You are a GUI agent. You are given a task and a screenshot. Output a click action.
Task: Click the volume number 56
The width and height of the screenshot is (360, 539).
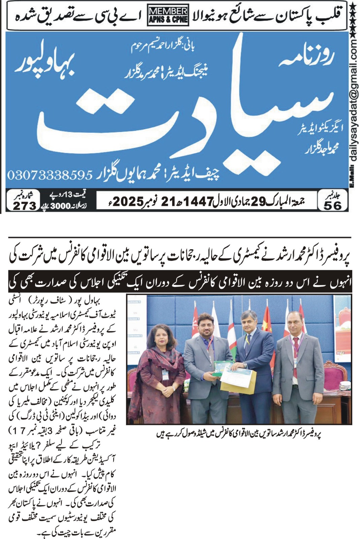point(332,205)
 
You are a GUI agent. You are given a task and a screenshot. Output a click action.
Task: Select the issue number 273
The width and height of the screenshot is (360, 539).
point(24,205)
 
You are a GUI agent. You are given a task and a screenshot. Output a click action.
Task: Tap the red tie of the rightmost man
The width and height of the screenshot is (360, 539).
point(296,357)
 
